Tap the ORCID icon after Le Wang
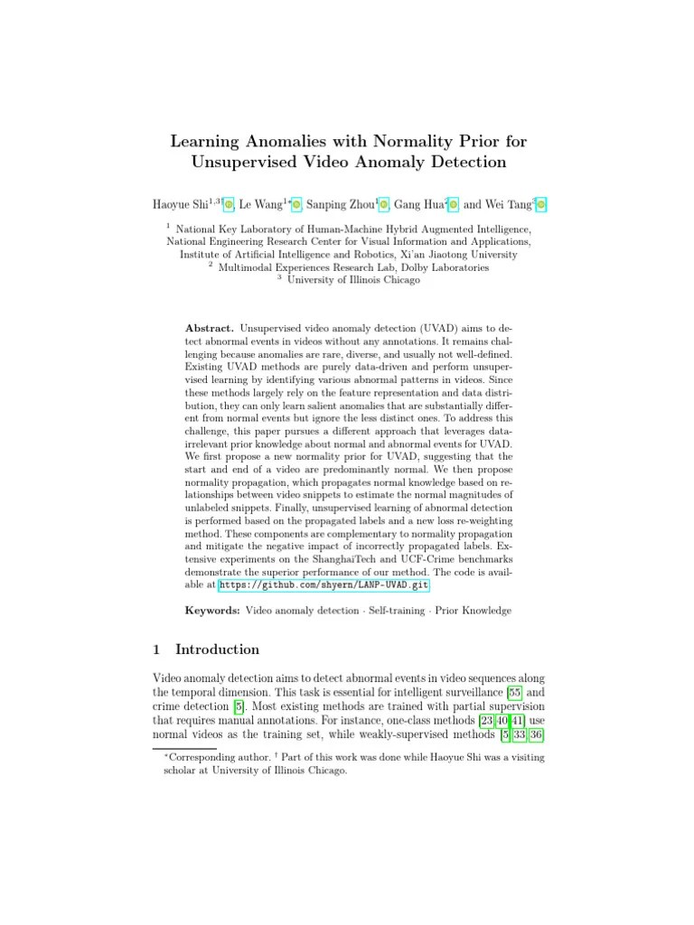(297, 205)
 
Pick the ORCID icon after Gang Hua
(454, 205)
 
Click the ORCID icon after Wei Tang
(540, 205)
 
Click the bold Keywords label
(212, 611)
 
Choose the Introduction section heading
(217, 649)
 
